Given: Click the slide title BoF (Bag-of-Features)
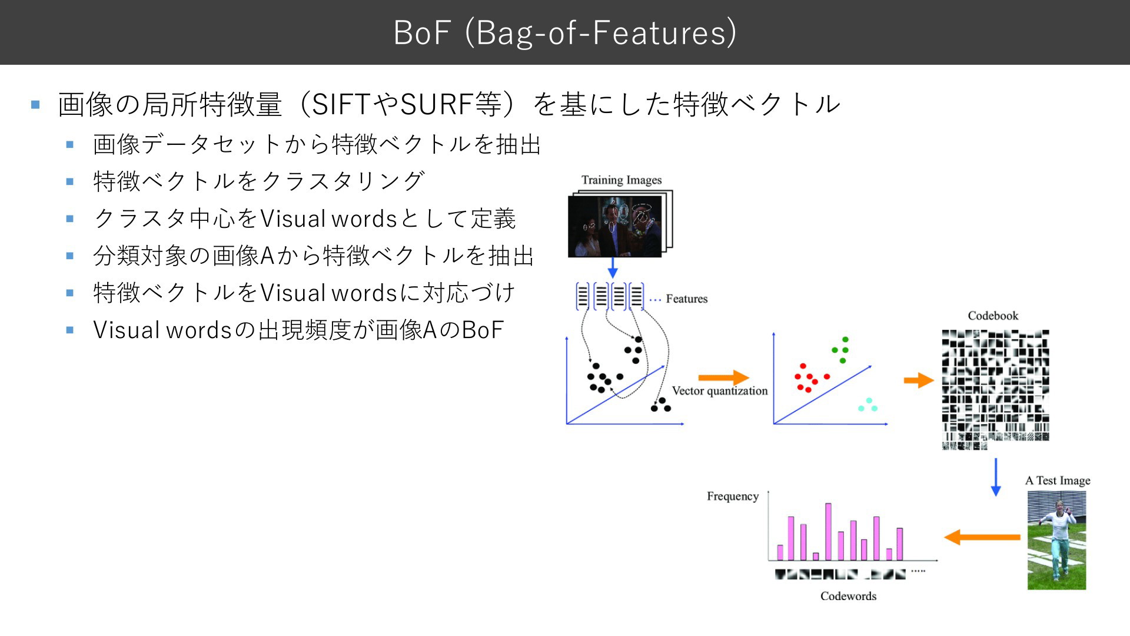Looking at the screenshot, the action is pyautogui.click(x=565, y=32).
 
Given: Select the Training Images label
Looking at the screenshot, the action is pyautogui.click(x=621, y=180).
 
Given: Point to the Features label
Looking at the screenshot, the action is pyautogui.click(x=686, y=299).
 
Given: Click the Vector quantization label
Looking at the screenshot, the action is pyautogui.click(x=720, y=391).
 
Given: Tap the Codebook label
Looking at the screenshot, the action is pyautogui.click(x=993, y=316).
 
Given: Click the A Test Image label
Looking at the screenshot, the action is pyautogui.click(x=1058, y=481).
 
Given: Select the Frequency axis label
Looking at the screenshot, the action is pyautogui.click(x=733, y=496).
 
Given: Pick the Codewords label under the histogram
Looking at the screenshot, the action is pyautogui.click(x=848, y=596).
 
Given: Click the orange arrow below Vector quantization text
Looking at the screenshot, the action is pyautogui.click(x=723, y=377).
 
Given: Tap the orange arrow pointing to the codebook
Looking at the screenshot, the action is pyautogui.click(x=919, y=380).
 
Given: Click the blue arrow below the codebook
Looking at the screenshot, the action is pyautogui.click(x=996, y=477).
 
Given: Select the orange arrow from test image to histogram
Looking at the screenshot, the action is pyautogui.click(x=982, y=537).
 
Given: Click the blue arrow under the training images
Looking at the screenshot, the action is pyautogui.click(x=613, y=268).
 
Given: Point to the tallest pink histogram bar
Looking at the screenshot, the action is pyautogui.click(x=828, y=531).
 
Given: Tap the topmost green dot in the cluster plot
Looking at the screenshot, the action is pyautogui.click(x=845, y=339).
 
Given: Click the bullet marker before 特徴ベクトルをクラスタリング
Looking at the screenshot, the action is pyautogui.click(x=70, y=182).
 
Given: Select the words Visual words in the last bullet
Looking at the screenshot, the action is pyautogui.click(x=162, y=330).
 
